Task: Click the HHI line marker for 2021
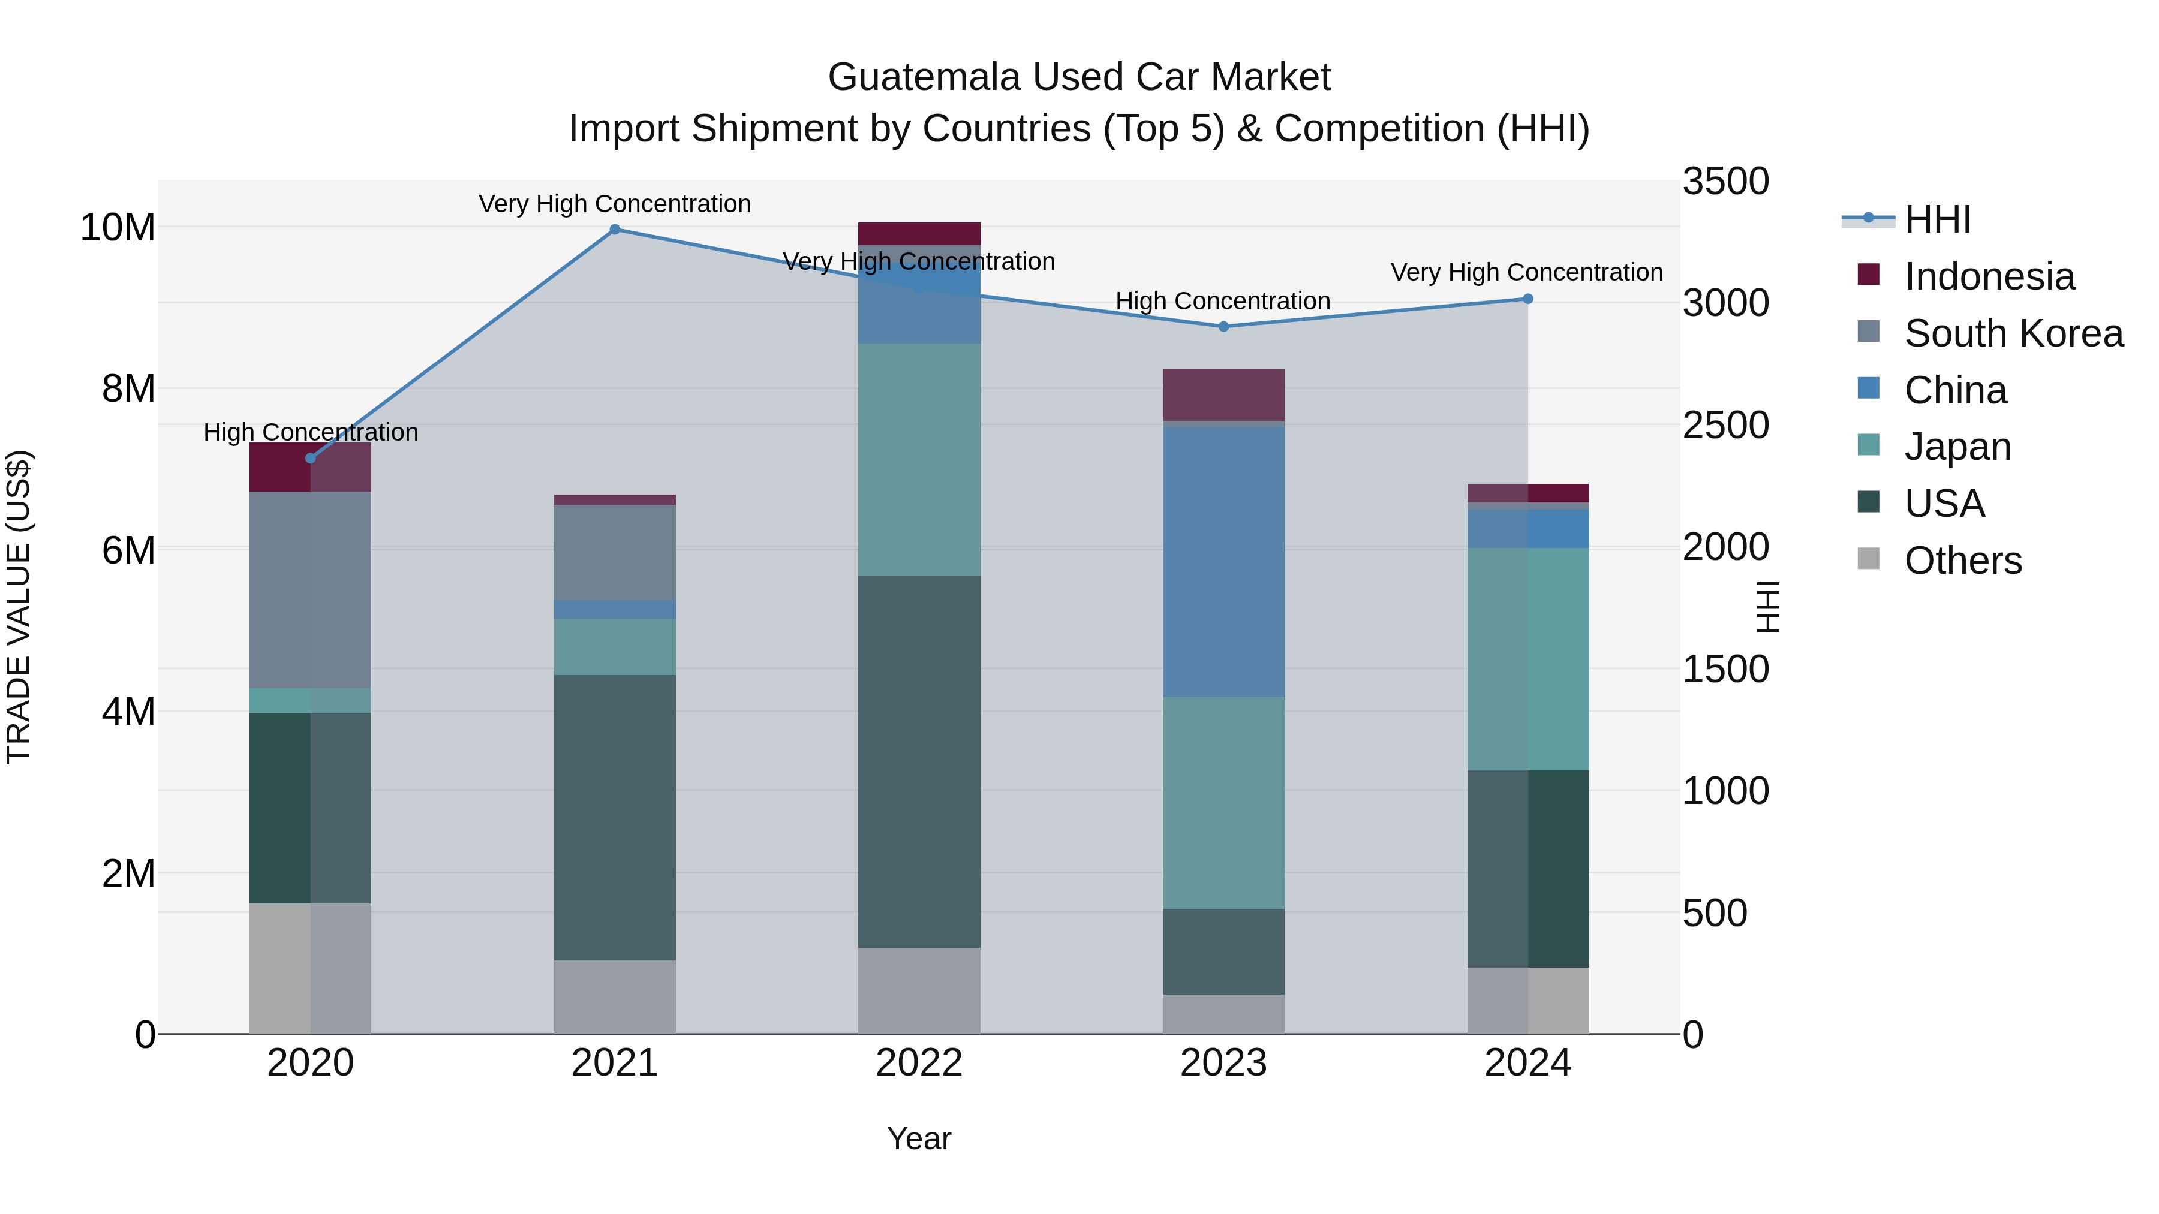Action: tap(614, 230)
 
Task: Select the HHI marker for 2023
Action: tap(1223, 327)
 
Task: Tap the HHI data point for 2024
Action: tap(1527, 299)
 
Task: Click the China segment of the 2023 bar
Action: tap(1223, 561)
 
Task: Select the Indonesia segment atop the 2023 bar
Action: tap(1223, 394)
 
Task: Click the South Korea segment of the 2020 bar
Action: tap(310, 590)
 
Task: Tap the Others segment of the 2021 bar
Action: tap(614, 996)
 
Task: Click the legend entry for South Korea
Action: tap(2012, 333)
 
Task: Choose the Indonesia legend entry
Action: tap(1988, 276)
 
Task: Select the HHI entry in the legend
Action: tap(1936, 219)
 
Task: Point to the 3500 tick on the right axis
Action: tap(1725, 182)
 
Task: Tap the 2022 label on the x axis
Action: tap(919, 1063)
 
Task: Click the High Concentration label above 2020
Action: tap(310, 432)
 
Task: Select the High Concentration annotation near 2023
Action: tap(1222, 301)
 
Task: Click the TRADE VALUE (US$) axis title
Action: tap(19, 607)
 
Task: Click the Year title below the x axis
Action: tap(919, 1138)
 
